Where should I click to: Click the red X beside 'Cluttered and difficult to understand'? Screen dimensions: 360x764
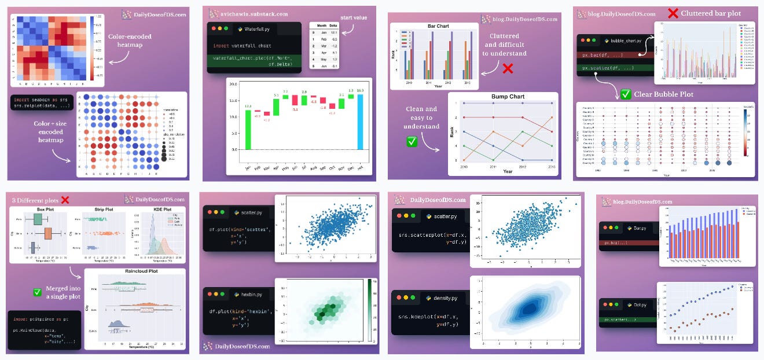(508, 68)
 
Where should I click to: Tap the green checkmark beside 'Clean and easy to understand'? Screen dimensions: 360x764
(412, 141)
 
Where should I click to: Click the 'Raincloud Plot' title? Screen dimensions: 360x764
(134, 270)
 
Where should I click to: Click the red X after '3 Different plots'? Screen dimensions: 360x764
(65, 200)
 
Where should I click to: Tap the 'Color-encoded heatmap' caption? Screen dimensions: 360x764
(130, 41)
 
